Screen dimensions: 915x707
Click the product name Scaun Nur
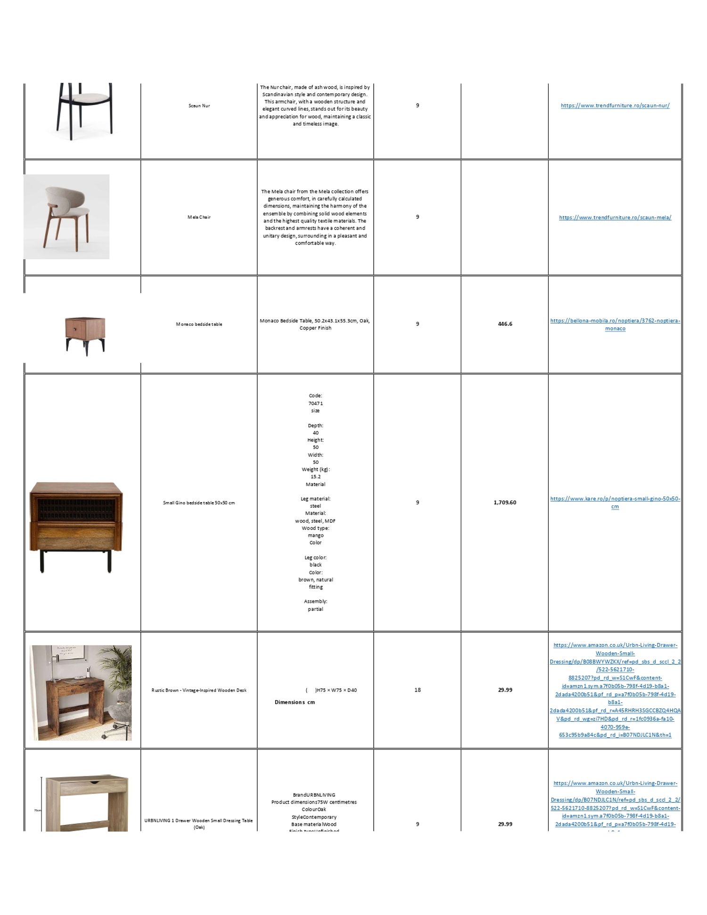[199, 106]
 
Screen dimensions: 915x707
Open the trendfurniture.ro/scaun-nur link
[615, 106]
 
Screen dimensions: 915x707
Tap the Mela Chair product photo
[66, 217]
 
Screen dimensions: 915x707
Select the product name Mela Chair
[199, 217]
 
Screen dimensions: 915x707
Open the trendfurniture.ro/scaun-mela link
[615, 218]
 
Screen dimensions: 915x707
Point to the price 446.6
[505, 324]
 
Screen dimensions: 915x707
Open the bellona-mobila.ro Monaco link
[615, 325]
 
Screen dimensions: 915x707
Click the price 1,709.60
[505, 503]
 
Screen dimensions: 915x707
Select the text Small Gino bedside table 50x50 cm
[199, 503]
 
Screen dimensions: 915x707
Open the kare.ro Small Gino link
[615, 503]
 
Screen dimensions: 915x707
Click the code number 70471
[315, 404]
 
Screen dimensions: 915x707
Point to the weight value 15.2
[315, 477]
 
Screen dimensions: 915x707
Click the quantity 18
[417, 690]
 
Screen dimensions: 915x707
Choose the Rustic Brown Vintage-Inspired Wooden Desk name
[199, 691]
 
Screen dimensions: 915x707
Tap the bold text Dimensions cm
[295, 702]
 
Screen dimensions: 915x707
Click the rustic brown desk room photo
[81, 692]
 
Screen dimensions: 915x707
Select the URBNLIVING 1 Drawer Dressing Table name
[199, 824]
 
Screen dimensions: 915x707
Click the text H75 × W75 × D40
[336, 691]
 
